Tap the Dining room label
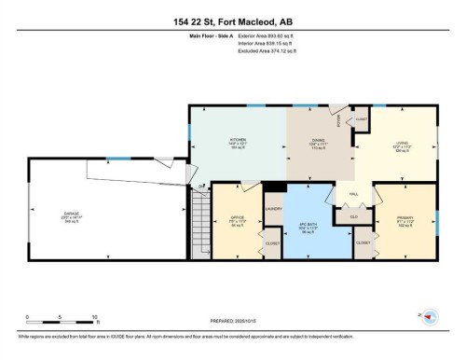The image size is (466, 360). pos(317,141)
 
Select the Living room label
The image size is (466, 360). pos(401,144)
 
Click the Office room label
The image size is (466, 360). pos(237,220)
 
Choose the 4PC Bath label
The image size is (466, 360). pos(308,223)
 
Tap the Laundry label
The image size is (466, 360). pos(273,209)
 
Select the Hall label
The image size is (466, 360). pos(354,195)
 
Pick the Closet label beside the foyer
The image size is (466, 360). pos(361,120)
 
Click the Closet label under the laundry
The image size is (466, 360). pos(272,244)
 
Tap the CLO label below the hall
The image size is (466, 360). pos(353,216)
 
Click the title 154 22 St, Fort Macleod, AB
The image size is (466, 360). pos(232,21)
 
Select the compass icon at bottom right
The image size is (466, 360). pos(430,318)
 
